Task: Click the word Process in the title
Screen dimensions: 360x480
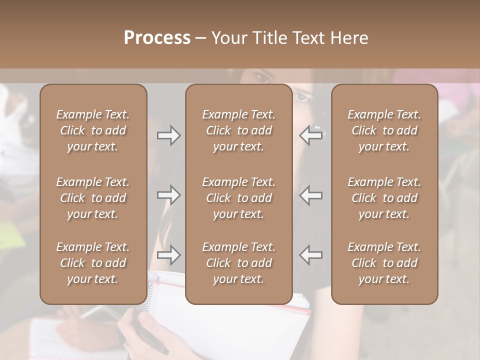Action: [x=157, y=38]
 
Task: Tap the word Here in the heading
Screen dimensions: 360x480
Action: [x=349, y=38]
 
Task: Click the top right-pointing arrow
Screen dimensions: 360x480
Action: [x=169, y=135]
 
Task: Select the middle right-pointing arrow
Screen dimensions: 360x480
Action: [x=169, y=195]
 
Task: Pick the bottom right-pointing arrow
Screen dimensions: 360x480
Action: [x=169, y=255]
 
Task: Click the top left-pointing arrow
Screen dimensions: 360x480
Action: [x=311, y=135]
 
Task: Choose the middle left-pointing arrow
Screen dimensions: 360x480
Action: [x=311, y=195]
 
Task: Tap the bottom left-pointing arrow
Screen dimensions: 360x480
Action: [x=311, y=255]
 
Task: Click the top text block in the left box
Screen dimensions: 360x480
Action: [x=93, y=130]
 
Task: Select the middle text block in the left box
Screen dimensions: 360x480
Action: [x=93, y=198]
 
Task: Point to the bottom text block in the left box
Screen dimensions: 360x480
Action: [x=93, y=263]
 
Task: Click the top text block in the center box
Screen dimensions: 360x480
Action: [x=238, y=130]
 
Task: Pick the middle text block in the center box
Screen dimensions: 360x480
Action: [x=238, y=198]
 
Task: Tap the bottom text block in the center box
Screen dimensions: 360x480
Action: [x=238, y=263]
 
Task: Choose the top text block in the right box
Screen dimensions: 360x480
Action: [x=384, y=130]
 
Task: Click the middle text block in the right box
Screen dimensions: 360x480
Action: [x=384, y=198]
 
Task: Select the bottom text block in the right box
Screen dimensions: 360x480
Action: [x=384, y=263]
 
